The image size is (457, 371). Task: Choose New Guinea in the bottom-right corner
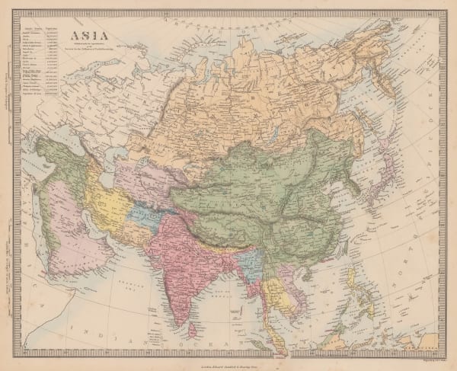click(423, 344)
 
